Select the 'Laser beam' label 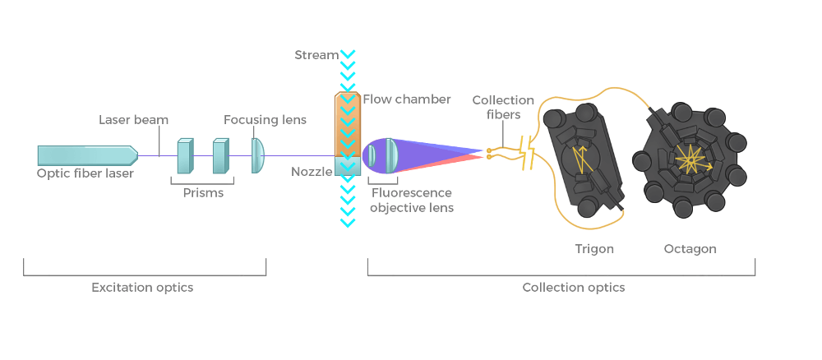(x=133, y=120)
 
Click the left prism (x=184, y=155)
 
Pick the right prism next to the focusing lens (x=219, y=155)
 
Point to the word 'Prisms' (x=202, y=193)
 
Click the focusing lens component (x=257, y=155)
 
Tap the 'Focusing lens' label (x=265, y=120)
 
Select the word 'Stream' (x=316, y=55)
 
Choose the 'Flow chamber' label (x=407, y=99)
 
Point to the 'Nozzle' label (x=311, y=172)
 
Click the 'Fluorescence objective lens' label (x=412, y=201)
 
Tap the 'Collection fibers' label (x=503, y=108)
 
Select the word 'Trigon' (x=594, y=248)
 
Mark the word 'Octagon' (x=690, y=248)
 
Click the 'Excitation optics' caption (x=144, y=288)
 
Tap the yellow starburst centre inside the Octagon (x=686, y=157)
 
